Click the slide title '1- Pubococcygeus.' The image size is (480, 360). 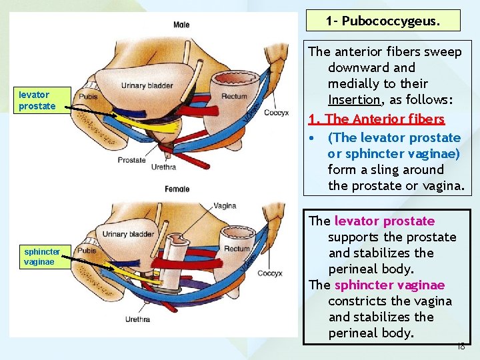click(383, 21)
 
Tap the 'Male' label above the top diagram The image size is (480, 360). click(181, 25)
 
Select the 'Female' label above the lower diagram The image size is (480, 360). click(177, 189)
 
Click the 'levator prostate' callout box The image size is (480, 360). click(37, 101)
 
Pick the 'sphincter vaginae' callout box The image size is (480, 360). click(42, 257)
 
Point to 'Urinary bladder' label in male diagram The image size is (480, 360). click(147, 85)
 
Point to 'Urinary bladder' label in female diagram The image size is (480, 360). click(128, 234)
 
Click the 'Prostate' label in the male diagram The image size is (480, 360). click(131, 160)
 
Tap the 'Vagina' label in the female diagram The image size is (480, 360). click(225, 206)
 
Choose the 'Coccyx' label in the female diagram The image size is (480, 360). click(269, 273)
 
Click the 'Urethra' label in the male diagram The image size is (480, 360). click(163, 167)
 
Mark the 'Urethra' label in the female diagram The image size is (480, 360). click(137, 319)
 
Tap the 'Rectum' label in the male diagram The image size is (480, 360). click(234, 97)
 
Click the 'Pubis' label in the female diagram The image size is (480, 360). click(87, 251)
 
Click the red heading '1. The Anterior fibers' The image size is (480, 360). click(377, 119)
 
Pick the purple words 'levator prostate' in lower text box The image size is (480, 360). click(384, 221)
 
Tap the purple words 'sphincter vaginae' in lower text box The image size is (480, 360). click(389, 285)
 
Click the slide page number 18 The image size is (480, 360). click(461, 347)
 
